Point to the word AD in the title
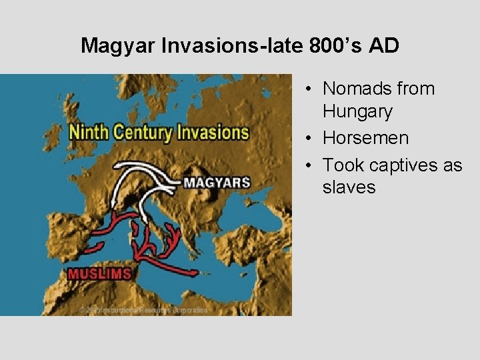pos(385,45)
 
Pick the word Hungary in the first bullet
pos(357,111)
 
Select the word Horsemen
pos(365,138)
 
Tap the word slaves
pos(349,187)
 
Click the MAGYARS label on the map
pos(217,182)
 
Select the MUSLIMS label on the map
pos(99,273)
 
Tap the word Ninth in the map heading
pos(89,131)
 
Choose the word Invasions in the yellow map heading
pos(211,131)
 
